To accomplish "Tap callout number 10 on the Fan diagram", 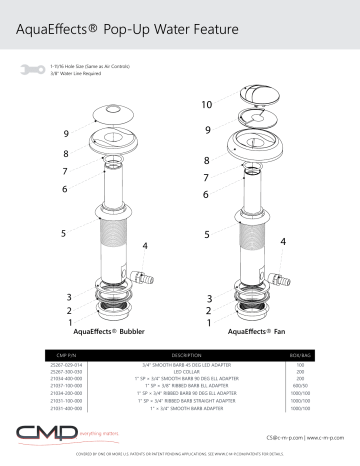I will click(x=207, y=105).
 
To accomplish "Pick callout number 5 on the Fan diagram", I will click(x=206, y=234).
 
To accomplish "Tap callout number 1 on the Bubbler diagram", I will click(x=70, y=323).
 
